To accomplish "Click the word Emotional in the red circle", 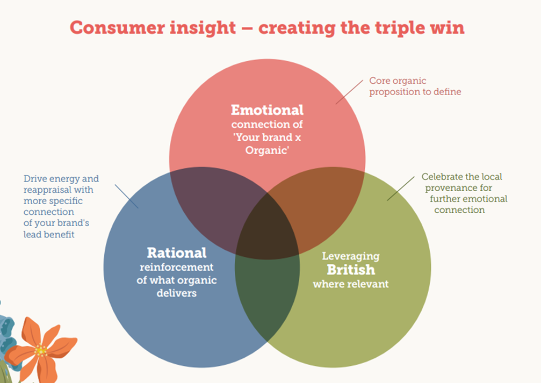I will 267,110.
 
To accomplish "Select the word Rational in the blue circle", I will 177,252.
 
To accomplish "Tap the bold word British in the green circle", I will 351,270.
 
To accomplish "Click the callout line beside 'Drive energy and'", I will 127,197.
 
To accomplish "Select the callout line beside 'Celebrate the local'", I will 400,188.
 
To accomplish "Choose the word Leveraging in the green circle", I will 350,256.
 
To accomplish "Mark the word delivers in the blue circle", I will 177,293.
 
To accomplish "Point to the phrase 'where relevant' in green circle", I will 350,284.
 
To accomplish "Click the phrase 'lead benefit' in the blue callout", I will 49,235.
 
